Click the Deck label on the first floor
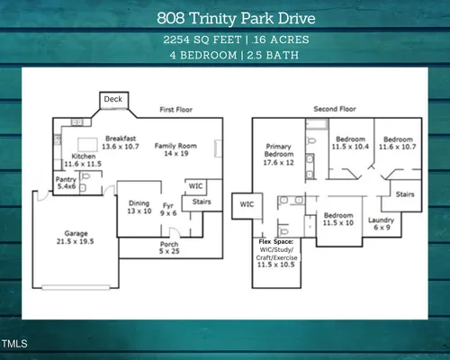pos(113,99)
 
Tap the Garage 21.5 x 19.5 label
pos(76,238)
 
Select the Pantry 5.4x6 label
pos(66,183)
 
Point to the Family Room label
pos(175,149)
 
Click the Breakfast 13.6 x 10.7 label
pos(121,142)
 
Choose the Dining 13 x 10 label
pos(139,207)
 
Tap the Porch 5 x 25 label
pos(169,247)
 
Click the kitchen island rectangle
pos(87,145)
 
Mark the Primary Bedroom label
pos(279,155)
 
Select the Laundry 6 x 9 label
pos(382,224)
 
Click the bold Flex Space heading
pos(276,242)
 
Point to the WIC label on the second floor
pos(247,204)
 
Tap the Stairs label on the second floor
pos(405,194)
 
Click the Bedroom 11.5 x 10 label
pos(338,219)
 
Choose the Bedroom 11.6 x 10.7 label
pos(398,143)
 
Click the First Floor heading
pos(176,110)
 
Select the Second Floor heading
pos(335,109)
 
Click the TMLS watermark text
pos(14,344)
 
